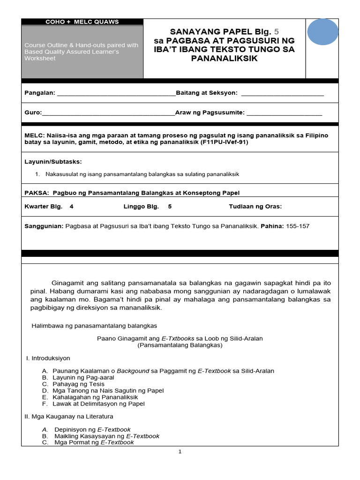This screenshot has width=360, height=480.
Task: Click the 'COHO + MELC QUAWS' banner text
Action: coord(82,22)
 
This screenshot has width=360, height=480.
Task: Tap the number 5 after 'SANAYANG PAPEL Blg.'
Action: coord(276,31)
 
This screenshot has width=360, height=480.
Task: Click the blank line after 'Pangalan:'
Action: coord(116,93)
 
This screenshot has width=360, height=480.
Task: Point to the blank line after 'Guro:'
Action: coord(108,113)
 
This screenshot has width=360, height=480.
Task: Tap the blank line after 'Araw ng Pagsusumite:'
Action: coord(284,113)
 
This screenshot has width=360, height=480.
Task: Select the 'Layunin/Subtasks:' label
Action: coord(53,162)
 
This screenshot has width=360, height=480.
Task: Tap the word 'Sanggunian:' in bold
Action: coord(44,226)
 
